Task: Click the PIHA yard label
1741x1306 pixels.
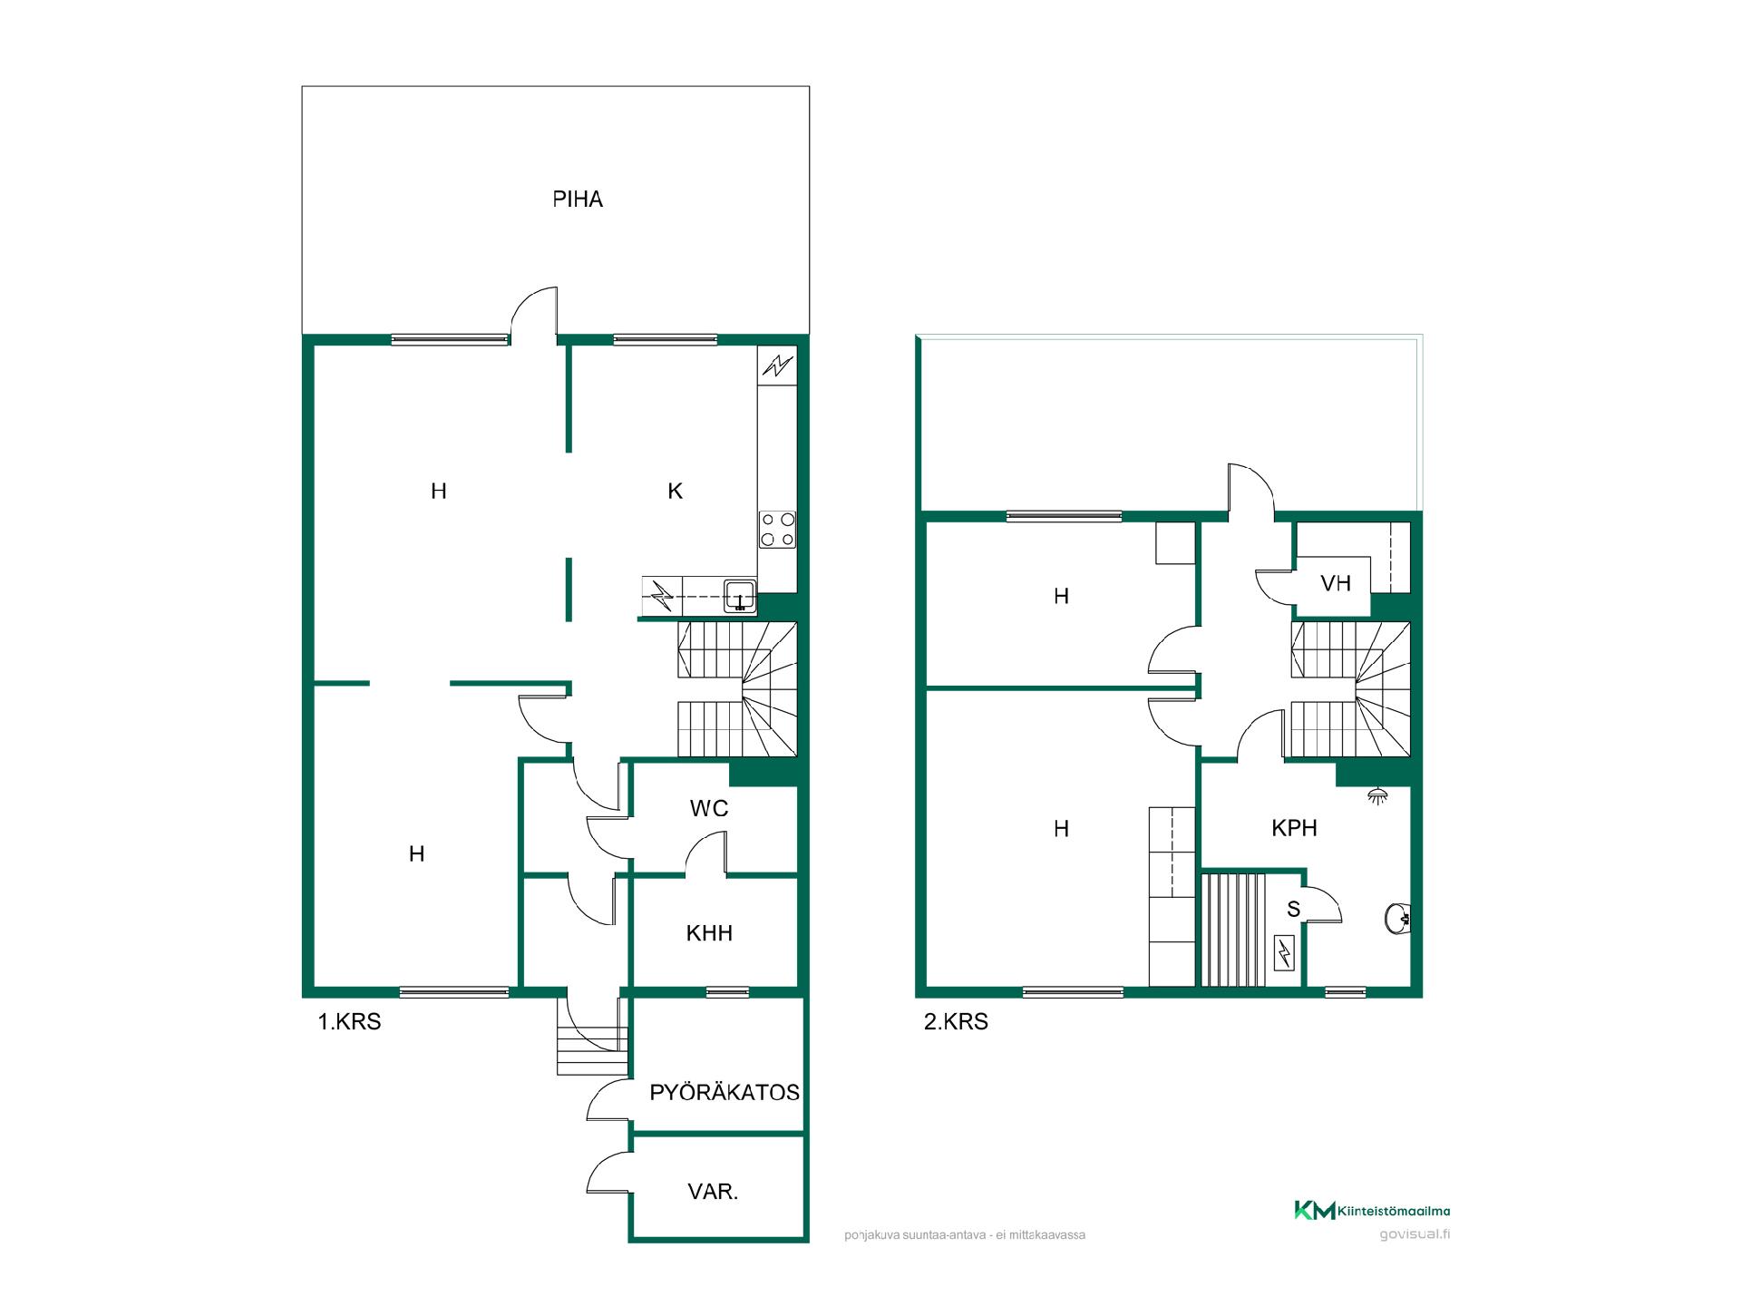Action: pos(578,200)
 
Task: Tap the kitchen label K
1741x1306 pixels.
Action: pos(675,491)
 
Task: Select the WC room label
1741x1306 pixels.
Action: pos(709,808)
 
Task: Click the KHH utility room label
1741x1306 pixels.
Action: pos(709,932)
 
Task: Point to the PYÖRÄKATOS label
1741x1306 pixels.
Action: pos(725,1092)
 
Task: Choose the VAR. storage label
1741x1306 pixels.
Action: pos(713,1192)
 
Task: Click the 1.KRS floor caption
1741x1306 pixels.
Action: pos(349,1022)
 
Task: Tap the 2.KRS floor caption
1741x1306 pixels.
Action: pos(956,1022)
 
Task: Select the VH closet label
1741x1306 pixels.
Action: pos(1336,582)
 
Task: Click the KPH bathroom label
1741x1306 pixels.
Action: pos(1294,827)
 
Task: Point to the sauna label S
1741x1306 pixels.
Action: pos(1294,909)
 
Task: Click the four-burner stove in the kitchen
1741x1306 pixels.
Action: pos(778,530)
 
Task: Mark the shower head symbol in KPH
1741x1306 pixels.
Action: pos(1378,795)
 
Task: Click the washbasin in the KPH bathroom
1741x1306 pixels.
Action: pos(1398,919)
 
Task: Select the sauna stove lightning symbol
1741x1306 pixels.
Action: pos(1285,953)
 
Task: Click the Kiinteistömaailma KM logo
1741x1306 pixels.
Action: pos(1314,1210)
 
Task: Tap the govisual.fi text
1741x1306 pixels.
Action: pos(1414,1234)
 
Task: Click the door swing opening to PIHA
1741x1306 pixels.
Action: pos(534,314)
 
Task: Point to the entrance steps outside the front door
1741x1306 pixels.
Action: pos(592,1050)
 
